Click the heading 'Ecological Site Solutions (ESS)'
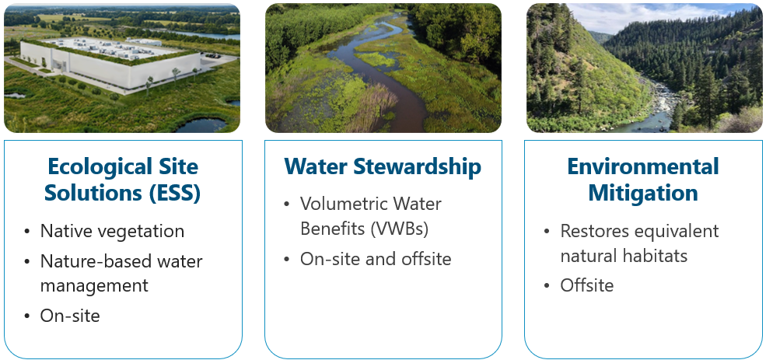(x=122, y=180)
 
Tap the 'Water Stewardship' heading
(x=383, y=166)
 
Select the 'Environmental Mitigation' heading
(x=642, y=180)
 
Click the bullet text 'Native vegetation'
(x=112, y=231)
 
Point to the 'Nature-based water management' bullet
(x=121, y=274)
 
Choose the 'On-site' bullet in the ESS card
(x=70, y=316)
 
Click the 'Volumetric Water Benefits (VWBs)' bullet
(x=370, y=217)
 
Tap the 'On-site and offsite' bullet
(x=376, y=259)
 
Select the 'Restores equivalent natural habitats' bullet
(x=639, y=243)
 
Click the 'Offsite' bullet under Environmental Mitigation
(x=586, y=286)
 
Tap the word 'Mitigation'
(x=642, y=193)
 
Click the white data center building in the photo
(x=101, y=62)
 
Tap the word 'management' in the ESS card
(x=94, y=286)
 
